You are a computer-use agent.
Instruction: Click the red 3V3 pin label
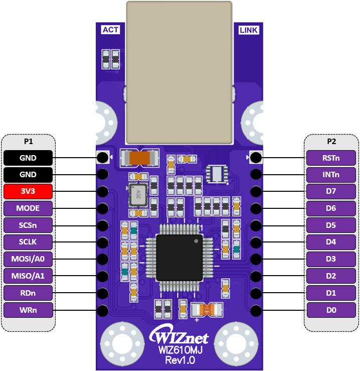[x=28, y=191]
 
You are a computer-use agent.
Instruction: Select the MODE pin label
[x=28, y=208]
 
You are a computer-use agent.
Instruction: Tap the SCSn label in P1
[x=28, y=225]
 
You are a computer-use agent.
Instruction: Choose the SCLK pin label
[x=28, y=242]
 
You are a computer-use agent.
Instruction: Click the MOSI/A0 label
[x=28, y=259]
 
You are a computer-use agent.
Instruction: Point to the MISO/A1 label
[x=28, y=276]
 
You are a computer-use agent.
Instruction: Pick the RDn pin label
[x=28, y=293]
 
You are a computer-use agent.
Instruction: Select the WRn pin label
[x=28, y=310]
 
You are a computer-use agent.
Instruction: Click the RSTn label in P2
[x=331, y=158]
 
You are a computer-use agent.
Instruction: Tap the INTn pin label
[x=331, y=175]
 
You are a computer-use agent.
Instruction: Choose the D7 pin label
[x=331, y=191]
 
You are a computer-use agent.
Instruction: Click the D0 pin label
[x=331, y=310]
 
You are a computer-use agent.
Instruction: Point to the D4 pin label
[x=331, y=242]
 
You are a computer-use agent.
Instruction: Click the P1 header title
[x=28, y=142]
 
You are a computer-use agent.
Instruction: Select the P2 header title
[x=331, y=142]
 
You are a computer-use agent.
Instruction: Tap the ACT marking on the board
[x=110, y=30]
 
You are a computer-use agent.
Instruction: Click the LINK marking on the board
[x=249, y=30]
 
